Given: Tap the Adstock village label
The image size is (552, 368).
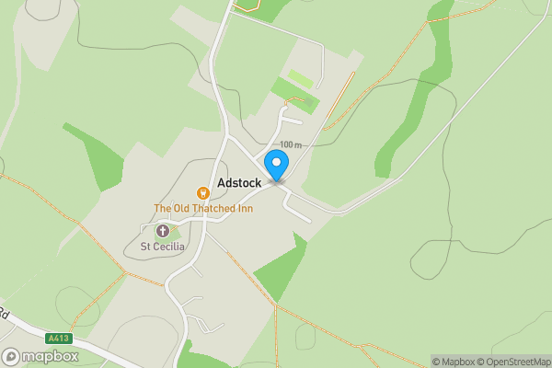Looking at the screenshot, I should (x=239, y=183).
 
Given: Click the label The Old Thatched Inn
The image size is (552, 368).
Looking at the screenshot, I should (x=202, y=208).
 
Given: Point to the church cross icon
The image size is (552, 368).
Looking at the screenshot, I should (x=163, y=230).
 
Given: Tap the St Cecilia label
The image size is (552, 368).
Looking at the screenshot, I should (x=163, y=247).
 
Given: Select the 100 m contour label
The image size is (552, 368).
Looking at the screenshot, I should (x=291, y=144).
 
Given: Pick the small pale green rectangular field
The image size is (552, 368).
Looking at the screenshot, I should (x=301, y=79).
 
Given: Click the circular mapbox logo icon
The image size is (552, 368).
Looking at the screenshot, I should (x=12, y=356).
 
